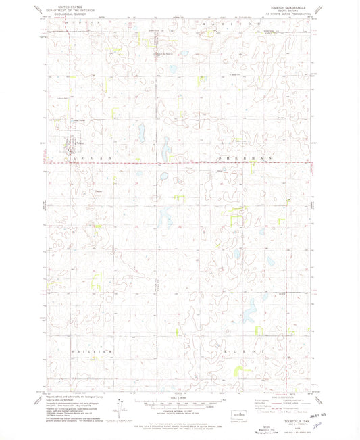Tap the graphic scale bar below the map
[x=179, y=404]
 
